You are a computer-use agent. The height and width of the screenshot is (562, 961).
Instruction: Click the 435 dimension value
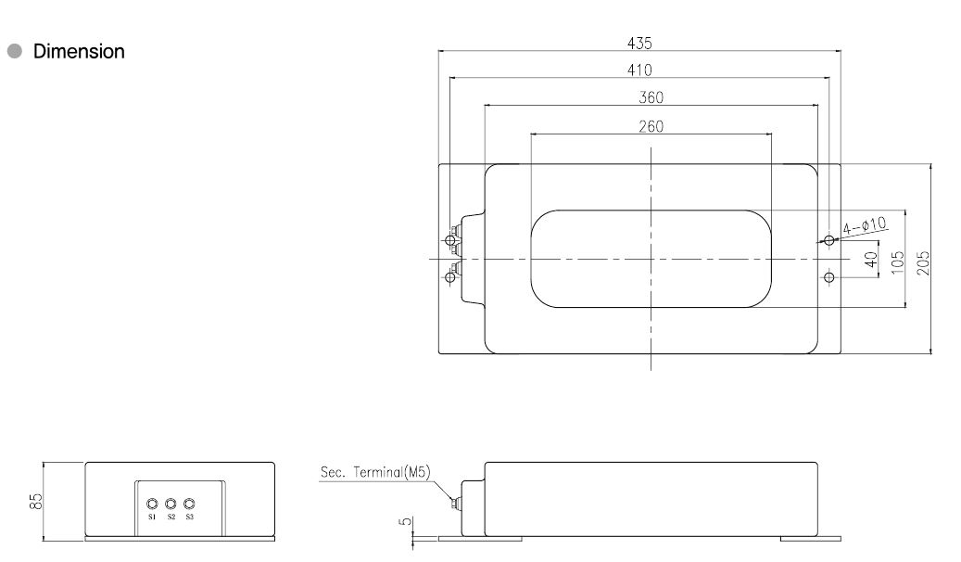click(x=639, y=43)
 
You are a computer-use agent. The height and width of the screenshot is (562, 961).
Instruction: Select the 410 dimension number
click(x=639, y=70)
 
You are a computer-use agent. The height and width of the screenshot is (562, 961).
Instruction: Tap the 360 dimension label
click(x=651, y=97)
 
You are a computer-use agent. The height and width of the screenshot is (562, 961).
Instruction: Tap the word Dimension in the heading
click(x=79, y=52)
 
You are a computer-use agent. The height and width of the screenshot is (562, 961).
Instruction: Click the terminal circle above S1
click(x=153, y=504)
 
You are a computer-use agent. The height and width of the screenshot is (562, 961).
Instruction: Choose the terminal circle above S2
click(x=171, y=504)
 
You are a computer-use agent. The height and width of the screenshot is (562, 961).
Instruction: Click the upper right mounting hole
click(x=829, y=241)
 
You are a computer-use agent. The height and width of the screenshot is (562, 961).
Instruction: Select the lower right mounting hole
click(x=829, y=277)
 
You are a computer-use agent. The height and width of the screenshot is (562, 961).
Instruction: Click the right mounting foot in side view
click(x=811, y=537)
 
